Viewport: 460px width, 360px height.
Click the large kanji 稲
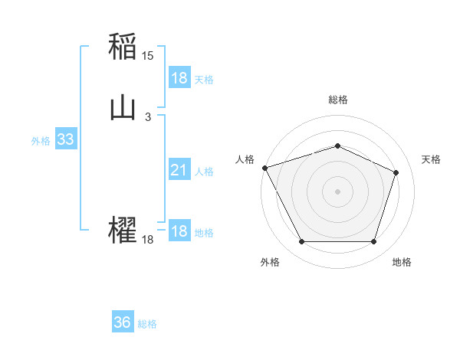click(x=123, y=47)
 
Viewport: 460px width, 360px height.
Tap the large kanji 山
click(x=123, y=109)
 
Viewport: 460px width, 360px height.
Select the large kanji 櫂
click(x=123, y=230)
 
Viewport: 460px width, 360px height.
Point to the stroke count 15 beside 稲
click(x=148, y=56)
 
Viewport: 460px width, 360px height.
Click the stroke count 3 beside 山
click(x=148, y=117)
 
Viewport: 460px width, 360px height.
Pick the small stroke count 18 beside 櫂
click(x=148, y=240)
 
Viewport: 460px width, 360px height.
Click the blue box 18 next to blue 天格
click(x=179, y=78)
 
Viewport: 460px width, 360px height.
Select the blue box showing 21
click(x=179, y=171)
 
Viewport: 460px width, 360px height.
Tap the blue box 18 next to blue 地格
click(x=179, y=231)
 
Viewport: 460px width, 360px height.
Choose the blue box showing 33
click(x=65, y=140)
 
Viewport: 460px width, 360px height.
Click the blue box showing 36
click(x=123, y=322)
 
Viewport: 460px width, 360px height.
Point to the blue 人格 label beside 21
click(x=204, y=172)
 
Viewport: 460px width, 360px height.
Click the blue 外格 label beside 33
click(x=41, y=141)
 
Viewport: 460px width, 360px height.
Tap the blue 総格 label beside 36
click(x=147, y=323)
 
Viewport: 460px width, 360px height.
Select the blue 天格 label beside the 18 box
click(x=204, y=79)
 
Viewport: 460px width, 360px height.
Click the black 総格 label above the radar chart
click(x=337, y=100)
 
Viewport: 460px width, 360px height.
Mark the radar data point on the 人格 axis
click(x=264, y=168)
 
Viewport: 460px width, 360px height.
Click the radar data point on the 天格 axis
click(x=396, y=172)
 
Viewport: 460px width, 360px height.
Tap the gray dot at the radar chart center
click(x=337, y=191)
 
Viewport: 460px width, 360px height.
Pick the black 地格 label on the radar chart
click(x=402, y=262)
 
